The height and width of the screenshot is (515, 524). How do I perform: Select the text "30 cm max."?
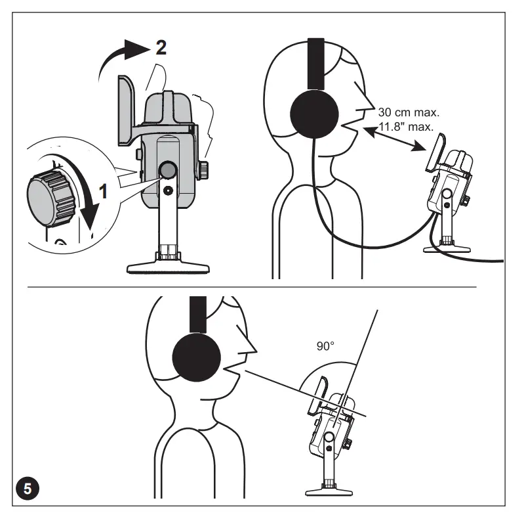pyautogui.click(x=409, y=112)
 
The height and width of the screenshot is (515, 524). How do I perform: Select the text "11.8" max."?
pyautogui.click(x=406, y=126)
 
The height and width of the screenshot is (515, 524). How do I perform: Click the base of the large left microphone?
pyautogui.click(x=169, y=266)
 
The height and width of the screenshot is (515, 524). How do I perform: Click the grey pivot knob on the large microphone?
pyautogui.click(x=168, y=170)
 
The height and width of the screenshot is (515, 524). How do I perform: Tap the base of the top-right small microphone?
pyautogui.click(x=447, y=248)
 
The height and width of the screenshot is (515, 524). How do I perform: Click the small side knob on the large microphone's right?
pyautogui.click(x=205, y=169)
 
